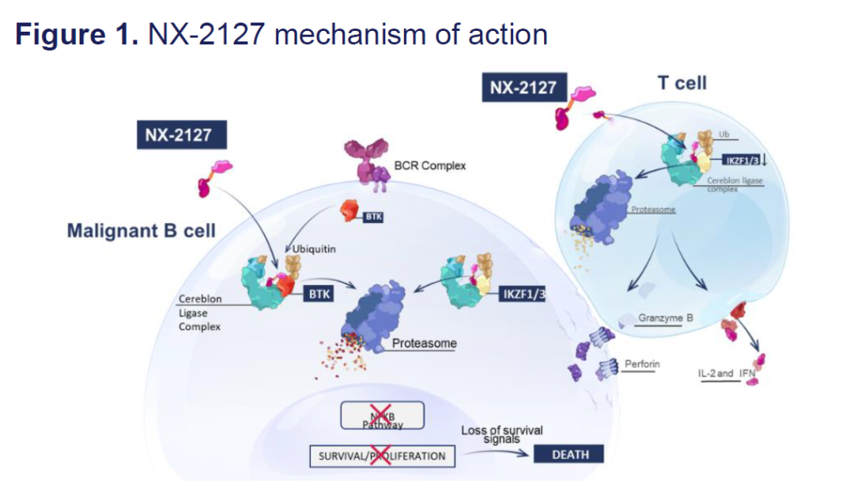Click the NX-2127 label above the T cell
point(523,87)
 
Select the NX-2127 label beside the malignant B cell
point(178,135)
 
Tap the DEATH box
point(569,454)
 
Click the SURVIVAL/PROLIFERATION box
point(382,456)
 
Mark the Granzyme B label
point(666,318)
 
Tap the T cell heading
point(682,82)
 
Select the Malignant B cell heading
point(142,231)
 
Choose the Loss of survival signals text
point(502,434)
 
